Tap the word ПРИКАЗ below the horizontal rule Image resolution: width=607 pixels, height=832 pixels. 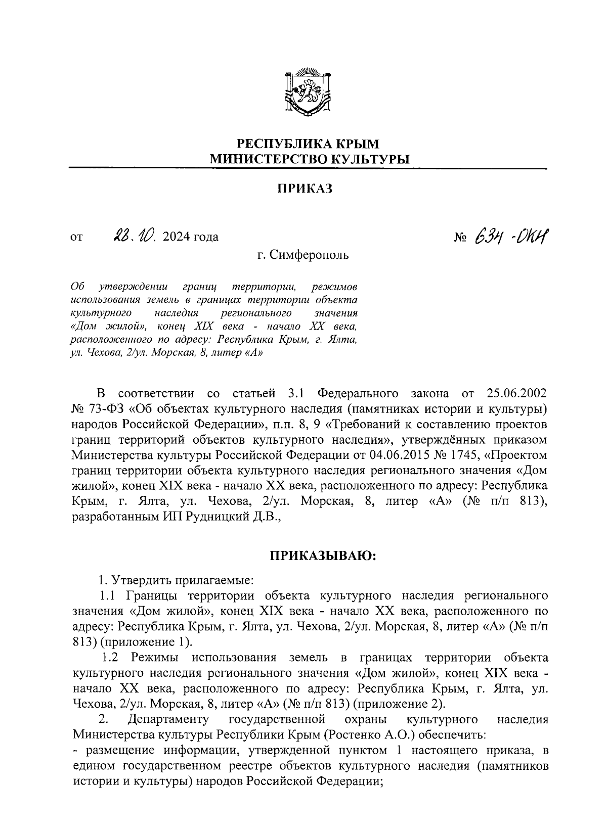click(305, 189)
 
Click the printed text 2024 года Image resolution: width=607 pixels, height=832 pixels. click(191, 237)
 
